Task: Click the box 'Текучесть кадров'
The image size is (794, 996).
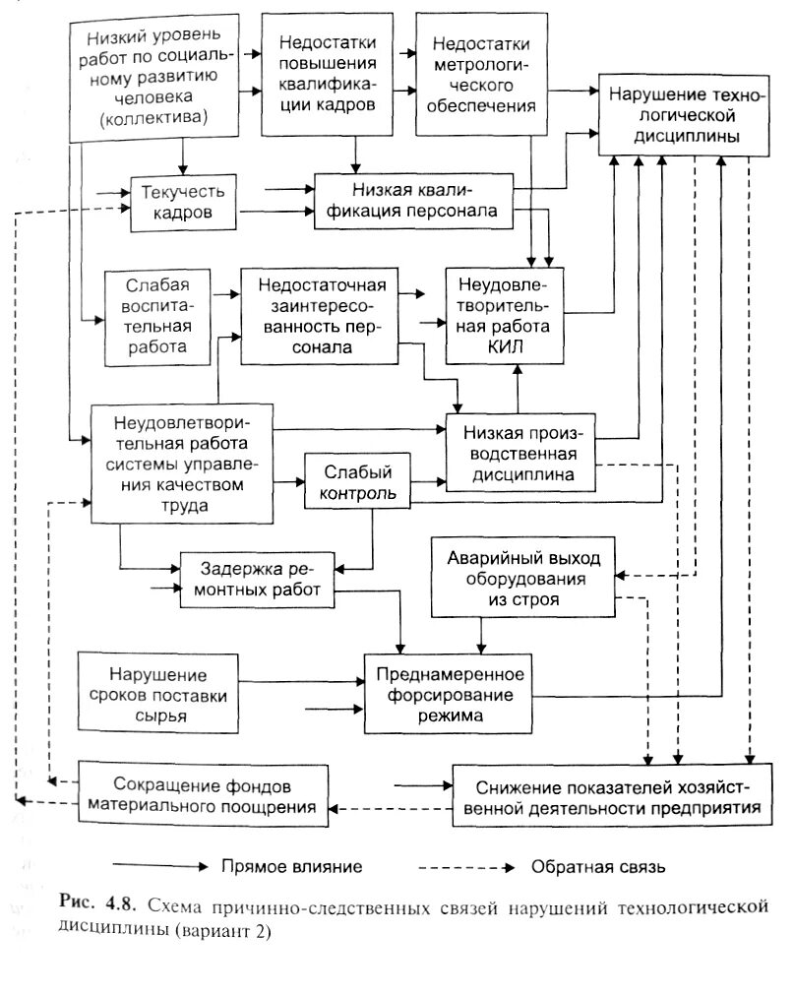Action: (x=184, y=202)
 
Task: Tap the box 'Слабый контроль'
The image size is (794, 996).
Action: (x=355, y=481)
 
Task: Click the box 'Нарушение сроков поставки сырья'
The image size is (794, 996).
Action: (x=157, y=695)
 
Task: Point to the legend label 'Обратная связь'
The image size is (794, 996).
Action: (x=597, y=867)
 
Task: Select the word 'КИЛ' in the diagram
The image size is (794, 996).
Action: (x=503, y=346)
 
